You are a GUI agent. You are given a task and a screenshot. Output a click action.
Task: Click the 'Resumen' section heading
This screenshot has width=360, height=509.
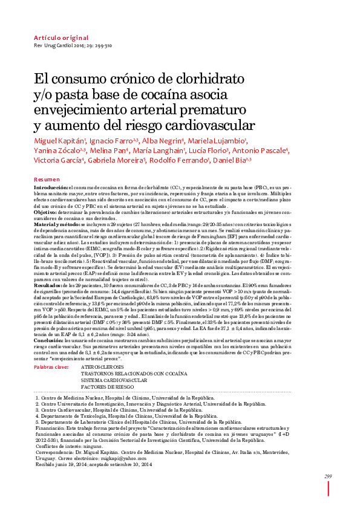(47, 180)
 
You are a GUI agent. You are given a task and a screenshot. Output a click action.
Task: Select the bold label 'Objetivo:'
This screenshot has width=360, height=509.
(45, 213)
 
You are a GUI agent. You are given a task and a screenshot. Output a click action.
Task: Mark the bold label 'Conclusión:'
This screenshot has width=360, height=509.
(48, 341)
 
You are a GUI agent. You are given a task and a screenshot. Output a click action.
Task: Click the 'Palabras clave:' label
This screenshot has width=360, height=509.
(51, 367)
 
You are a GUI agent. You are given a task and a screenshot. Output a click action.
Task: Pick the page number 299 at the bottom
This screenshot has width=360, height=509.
(327, 478)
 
